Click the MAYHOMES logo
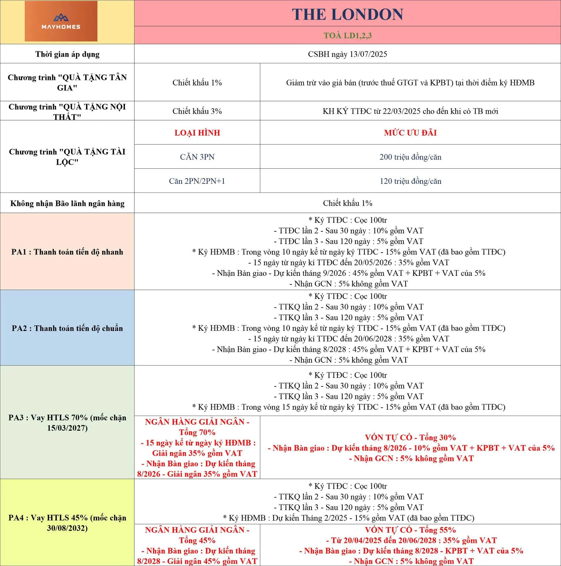(x=61, y=21)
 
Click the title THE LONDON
(x=348, y=14)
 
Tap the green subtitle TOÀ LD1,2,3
(x=348, y=36)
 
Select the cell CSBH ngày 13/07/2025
(x=348, y=54)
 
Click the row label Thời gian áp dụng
(x=67, y=54)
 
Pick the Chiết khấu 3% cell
(x=197, y=111)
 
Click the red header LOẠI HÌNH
(x=197, y=133)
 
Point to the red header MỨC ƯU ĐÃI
(x=410, y=133)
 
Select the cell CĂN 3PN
(x=197, y=157)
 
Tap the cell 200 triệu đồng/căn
(x=410, y=157)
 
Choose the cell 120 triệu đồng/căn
(x=410, y=181)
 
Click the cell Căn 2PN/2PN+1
(x=197, y=181)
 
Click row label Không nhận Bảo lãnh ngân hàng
(x=67, y=203)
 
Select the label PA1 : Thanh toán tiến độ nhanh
(x=67, y=252)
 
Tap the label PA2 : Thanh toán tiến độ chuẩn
(x=67, y=328)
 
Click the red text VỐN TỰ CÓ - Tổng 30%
(x=410, y=437)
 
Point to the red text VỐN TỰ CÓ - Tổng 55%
(x=410, y=530)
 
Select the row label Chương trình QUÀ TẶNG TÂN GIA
(x=67, y=83)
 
